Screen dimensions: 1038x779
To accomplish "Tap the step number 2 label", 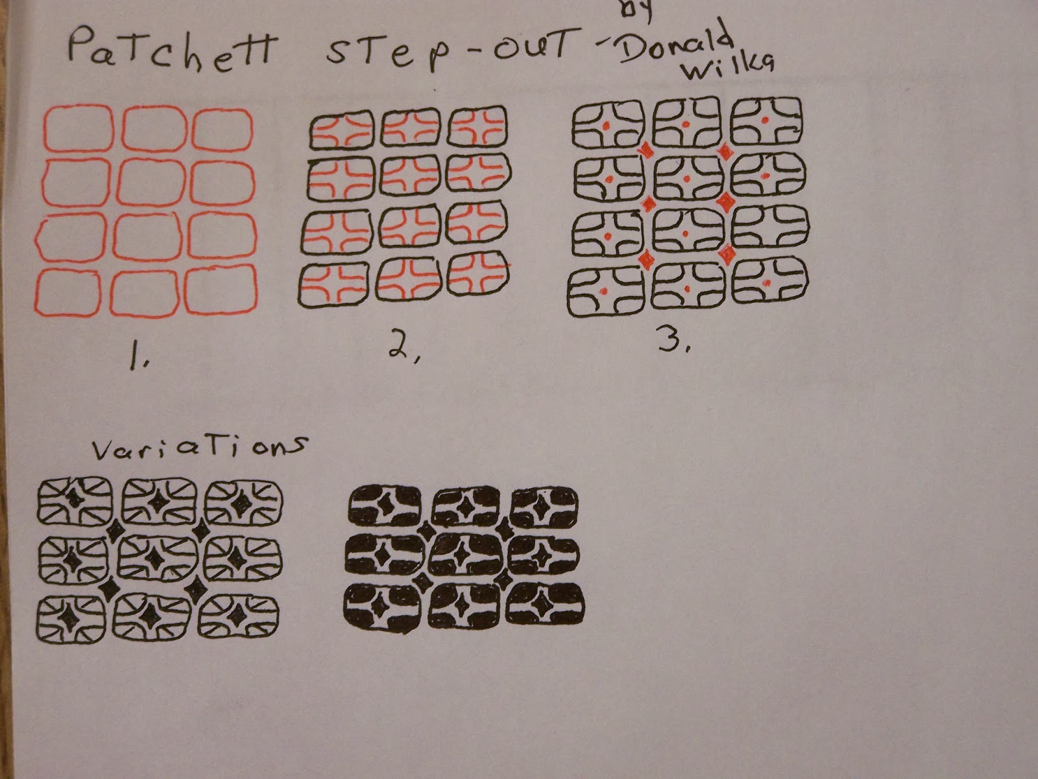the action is (404, 351).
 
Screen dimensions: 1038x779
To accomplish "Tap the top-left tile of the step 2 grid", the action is (342, 130).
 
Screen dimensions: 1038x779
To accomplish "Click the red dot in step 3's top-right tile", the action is (764, 121).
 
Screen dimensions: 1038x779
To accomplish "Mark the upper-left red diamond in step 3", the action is (646, 151).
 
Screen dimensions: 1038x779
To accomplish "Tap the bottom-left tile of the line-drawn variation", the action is (71, 619).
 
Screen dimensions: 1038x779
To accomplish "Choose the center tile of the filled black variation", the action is (466, 554).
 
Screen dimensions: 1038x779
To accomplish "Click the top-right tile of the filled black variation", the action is (544, 508).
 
